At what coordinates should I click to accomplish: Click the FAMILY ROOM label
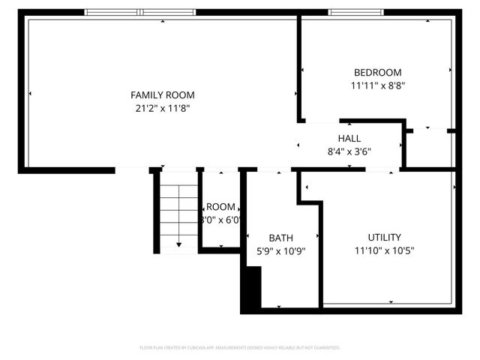pyautogui.click(x=163, y=95)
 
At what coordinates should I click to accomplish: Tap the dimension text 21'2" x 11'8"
pyautogui.click(x=163, y=109)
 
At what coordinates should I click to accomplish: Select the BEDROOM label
pyautogui.click(x=377, y=73)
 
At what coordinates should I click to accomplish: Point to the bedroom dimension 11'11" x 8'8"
pyautogui.click(x=377, y=86)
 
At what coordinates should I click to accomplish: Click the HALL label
pyautogui.click(x=349, y=139)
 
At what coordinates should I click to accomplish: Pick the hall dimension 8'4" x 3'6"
pyautogui.click(x=349, y=151)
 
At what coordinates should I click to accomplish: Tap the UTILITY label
pyautogui.click(x=384, y=238)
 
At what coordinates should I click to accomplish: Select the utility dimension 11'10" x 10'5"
pyautogui.click(x=384, y=251)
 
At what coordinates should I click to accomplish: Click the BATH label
pyautogui.click(x=276, y=238)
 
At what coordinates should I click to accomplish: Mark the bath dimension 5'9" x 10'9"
pyautogui.click(x=276, y=251)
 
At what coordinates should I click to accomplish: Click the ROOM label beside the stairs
pyautogui.click(x=220, y=207)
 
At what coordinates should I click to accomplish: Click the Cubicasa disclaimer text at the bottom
pyautogui.click(x=240, y=348)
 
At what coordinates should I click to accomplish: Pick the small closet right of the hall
pyautogui.click(x=430, y=148)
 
